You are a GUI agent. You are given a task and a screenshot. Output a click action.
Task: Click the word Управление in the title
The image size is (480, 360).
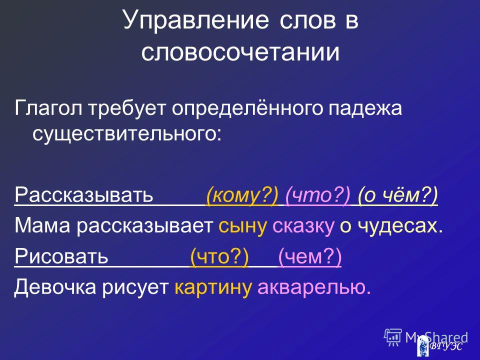[196, 20]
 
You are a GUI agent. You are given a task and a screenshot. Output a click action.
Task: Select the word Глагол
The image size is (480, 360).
[48, 108]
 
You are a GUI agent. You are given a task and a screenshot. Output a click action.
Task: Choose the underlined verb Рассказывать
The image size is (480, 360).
[83, 194]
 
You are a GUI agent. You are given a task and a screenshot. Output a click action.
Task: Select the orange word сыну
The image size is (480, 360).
[242, 226]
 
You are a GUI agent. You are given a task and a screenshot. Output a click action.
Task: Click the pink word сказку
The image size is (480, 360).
[303, 226]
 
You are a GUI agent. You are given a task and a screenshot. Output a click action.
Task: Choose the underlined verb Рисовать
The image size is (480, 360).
[61, 256]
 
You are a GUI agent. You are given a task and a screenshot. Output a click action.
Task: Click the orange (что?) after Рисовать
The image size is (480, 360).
[219, 256]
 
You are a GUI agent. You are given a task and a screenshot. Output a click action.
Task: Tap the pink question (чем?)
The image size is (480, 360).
[309, 256]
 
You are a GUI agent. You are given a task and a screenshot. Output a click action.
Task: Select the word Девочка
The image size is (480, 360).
[55, 287]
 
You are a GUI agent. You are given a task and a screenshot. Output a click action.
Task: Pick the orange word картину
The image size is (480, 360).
[213, 288]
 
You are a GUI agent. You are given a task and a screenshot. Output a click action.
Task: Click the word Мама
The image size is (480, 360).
[42, 226]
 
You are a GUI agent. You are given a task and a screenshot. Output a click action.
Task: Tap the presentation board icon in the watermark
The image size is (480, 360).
[393, 337]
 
